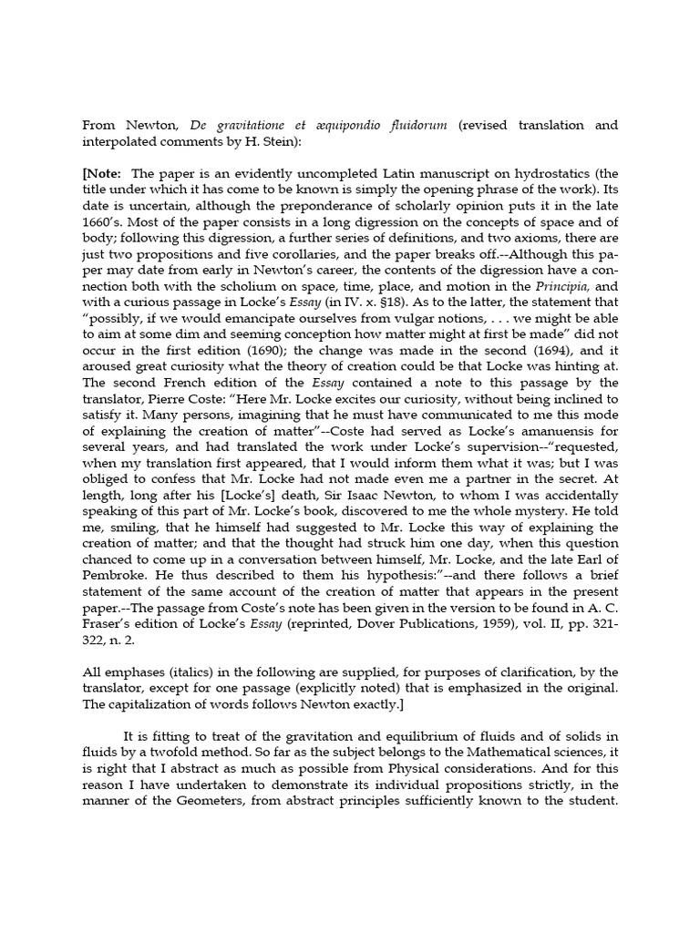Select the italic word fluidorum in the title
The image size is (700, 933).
tap(417, 125)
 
